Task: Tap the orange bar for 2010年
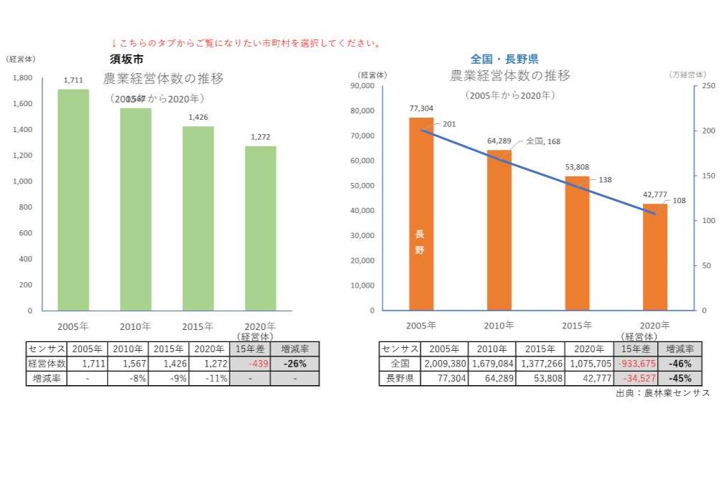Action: [499, 230]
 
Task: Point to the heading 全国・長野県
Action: [504, 60]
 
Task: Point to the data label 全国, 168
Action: [543, 141]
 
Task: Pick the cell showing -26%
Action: [294, 364]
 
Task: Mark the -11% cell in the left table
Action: [213, 378]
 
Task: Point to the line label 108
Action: [679, 201]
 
